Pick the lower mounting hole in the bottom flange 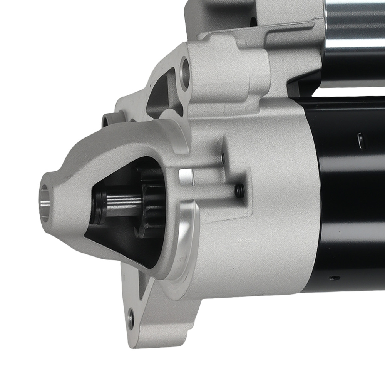(x=131, y=318)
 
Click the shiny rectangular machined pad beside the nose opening (x=186, y=176)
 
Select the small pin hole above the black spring (x=222, y=156)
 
